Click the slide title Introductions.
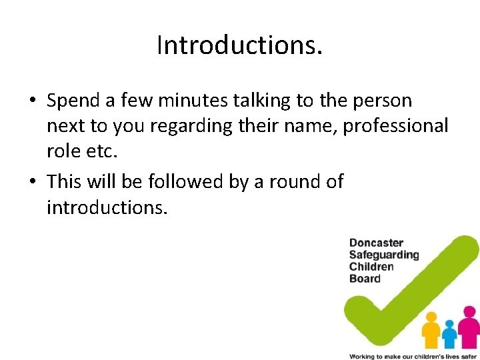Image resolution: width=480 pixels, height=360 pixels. [x=239, y=45]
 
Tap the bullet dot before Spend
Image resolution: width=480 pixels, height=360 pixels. [x=32, y=101]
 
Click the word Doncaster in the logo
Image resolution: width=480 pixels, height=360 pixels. [x=376, y=243]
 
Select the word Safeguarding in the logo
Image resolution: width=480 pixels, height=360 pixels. [x=384, y=255]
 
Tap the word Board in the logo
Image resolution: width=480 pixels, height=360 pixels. [x=365, y=279]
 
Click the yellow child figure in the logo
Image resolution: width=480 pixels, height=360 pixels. [x=431, y=327]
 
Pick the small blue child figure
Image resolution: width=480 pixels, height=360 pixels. [x=451, y=332]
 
